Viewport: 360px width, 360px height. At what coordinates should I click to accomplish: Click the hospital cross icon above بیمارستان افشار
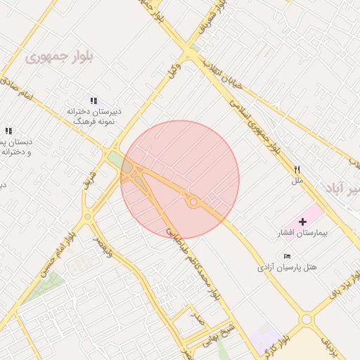303,221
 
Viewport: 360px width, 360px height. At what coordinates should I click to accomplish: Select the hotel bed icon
287,255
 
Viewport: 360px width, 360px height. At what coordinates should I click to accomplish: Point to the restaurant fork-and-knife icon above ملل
297,169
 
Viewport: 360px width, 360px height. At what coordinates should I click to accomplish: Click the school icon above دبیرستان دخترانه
94,101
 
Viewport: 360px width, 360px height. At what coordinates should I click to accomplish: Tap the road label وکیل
173,72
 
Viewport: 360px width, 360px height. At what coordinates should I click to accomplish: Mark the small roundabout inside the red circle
193,202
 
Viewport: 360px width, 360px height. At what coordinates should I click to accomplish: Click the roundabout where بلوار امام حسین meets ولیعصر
86,217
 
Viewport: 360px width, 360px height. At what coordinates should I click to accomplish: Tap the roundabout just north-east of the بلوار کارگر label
307,320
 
